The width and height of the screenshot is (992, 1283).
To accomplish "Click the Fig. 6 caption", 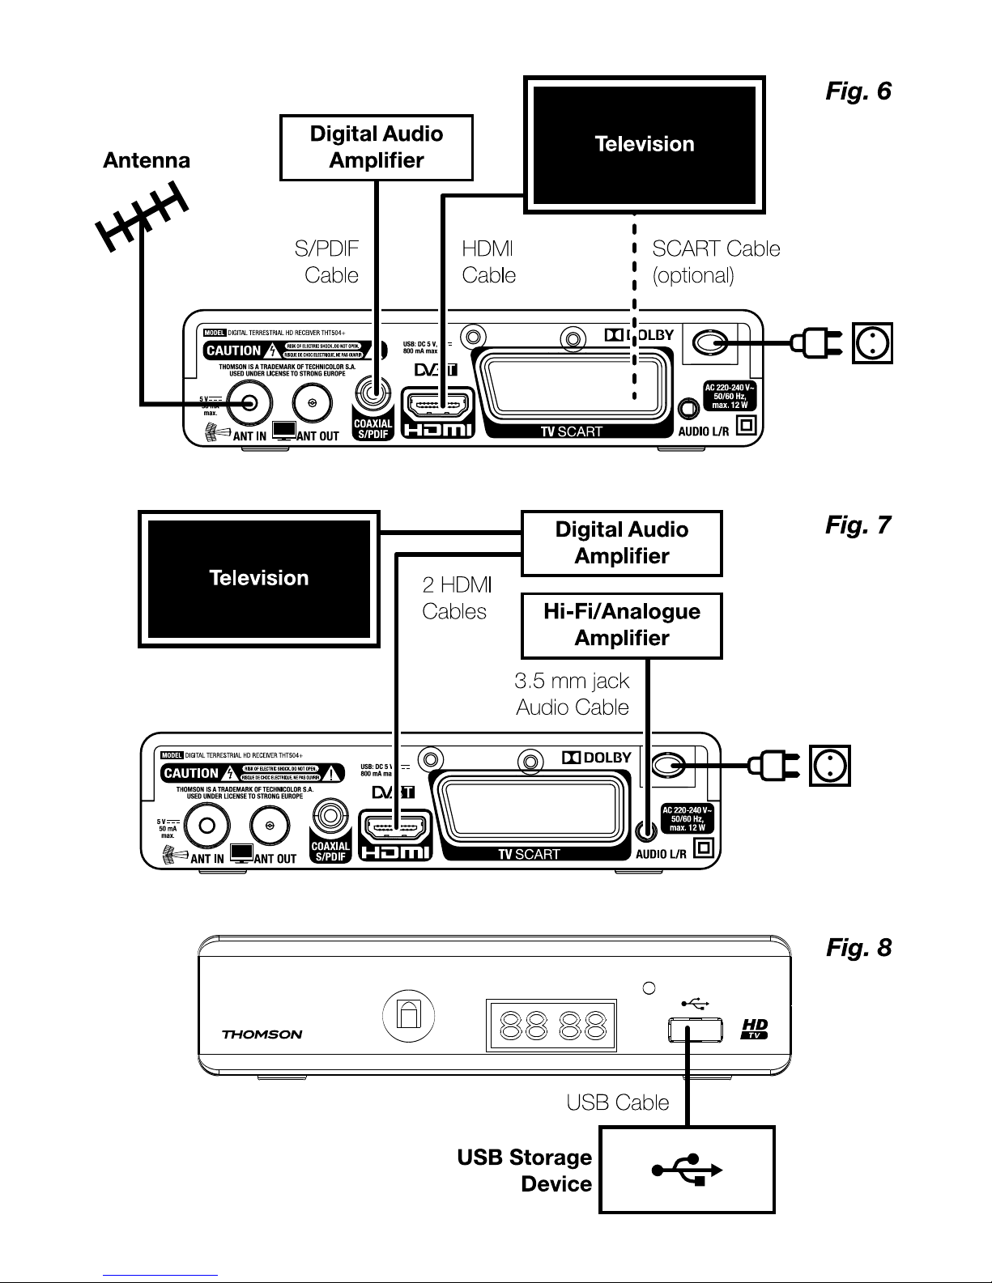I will (x=858, y=91).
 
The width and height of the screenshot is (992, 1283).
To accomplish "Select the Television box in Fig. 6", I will (x=645, y=144).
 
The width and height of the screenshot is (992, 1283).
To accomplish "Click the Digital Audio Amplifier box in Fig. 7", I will (x=621, y=543).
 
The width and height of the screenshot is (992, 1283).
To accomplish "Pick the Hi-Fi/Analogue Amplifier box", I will (x=621, y=625).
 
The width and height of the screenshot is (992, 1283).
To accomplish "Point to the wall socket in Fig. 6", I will (x=872, y=343).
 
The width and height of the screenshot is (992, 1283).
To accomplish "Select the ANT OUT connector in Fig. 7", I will (x=270, y=826).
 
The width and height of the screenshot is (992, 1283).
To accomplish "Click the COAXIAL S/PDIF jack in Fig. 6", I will (x=373, y=394).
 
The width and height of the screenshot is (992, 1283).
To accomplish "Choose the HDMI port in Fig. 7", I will (x=394, y=827).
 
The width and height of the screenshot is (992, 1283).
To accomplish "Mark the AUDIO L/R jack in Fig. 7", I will (x=645, y=830).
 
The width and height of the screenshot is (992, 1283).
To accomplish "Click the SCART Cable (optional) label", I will (x=716, y=261).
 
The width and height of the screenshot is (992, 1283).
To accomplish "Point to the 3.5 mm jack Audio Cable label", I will (x=573, y=694).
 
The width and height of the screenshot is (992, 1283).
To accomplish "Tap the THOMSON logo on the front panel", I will (x=262, y=1034).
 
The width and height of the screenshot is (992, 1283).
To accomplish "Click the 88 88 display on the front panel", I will (x=551, y=1026).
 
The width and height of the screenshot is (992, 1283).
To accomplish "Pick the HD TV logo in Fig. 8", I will (x=755, y=1030).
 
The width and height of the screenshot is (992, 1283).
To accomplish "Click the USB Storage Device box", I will (x=687, y=1170).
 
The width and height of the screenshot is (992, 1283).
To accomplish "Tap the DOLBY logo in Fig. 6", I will (x=639, y=335).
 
